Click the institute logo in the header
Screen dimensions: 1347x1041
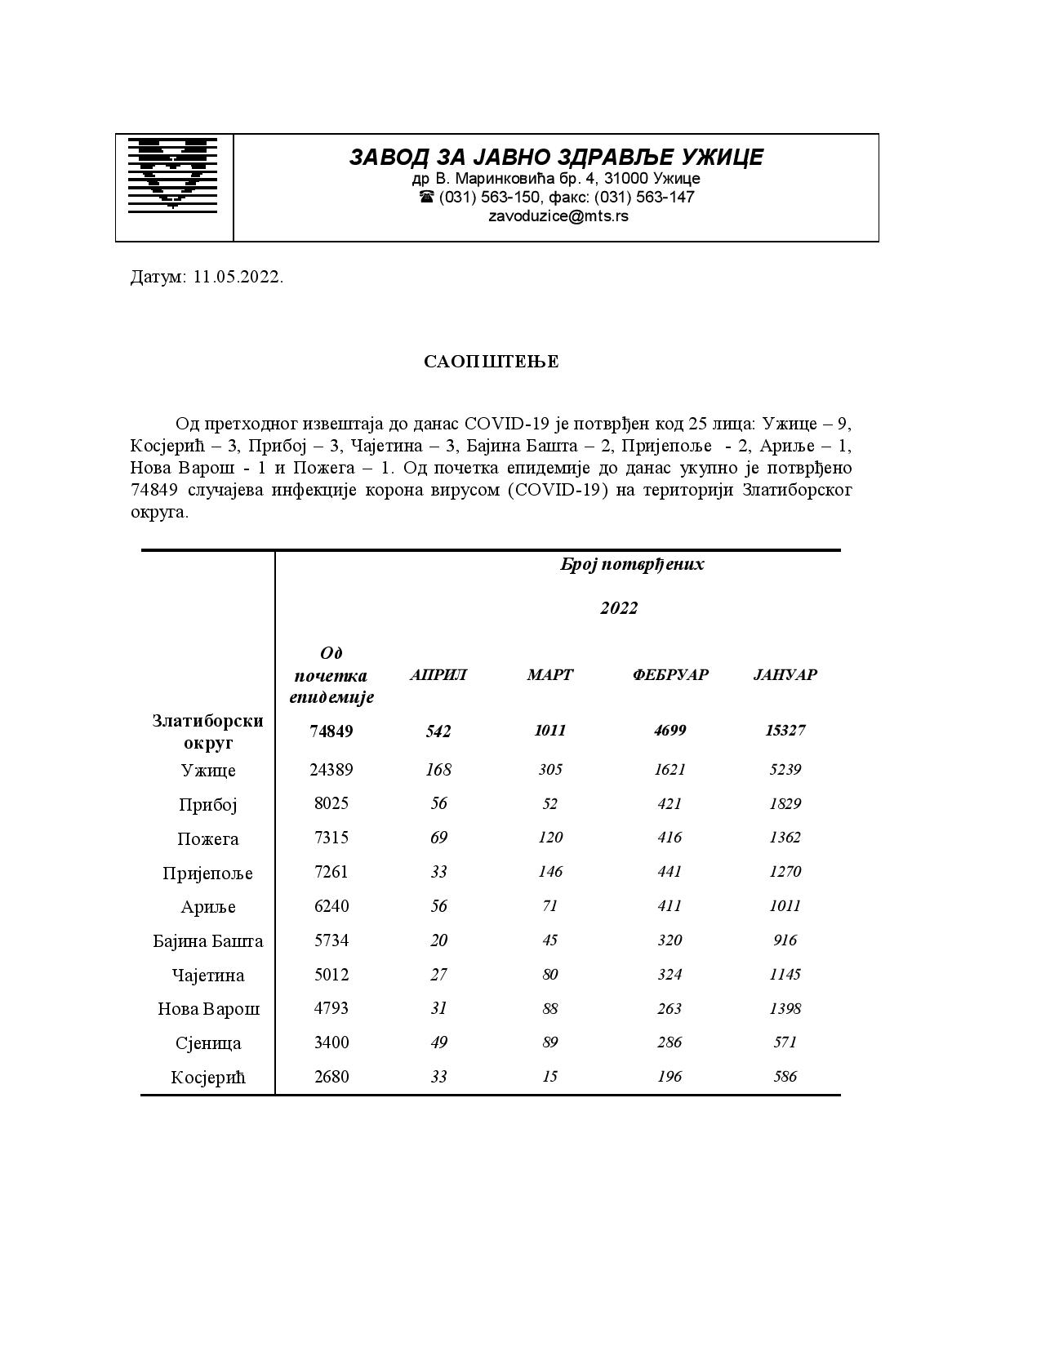[x=172, y=175]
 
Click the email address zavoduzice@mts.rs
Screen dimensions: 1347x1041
[x=558, y=216]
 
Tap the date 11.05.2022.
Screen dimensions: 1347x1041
[x=238, y=277]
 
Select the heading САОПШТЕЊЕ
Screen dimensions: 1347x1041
[x=492, y=362]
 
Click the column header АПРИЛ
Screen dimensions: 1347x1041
[x=438, y=674]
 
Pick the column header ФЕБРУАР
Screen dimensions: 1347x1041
[x=670, y=674]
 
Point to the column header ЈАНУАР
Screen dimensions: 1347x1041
[x=785, y=674]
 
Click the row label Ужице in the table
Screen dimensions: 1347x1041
[x=208, y=770]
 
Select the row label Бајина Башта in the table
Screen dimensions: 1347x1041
[x=208, y=941]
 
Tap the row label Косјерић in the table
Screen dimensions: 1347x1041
[x=208, y=1078]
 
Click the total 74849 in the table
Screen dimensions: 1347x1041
[x=331, y=731]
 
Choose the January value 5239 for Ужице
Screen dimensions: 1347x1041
[x=785, y=769]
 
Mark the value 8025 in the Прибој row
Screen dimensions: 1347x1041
[x=331, y=803]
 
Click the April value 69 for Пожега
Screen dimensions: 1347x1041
[x=438, y=838]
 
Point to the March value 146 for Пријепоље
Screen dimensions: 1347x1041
[x=550, y=872]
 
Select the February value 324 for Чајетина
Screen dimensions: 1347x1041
[x=670, y=974]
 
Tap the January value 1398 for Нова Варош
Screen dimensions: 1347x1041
[x=785, y=1008]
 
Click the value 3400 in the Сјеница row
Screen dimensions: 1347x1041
[x=331, y=1042]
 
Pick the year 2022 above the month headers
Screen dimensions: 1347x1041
[x=619, y=608]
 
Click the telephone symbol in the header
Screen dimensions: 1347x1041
[x=427, y=197]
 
